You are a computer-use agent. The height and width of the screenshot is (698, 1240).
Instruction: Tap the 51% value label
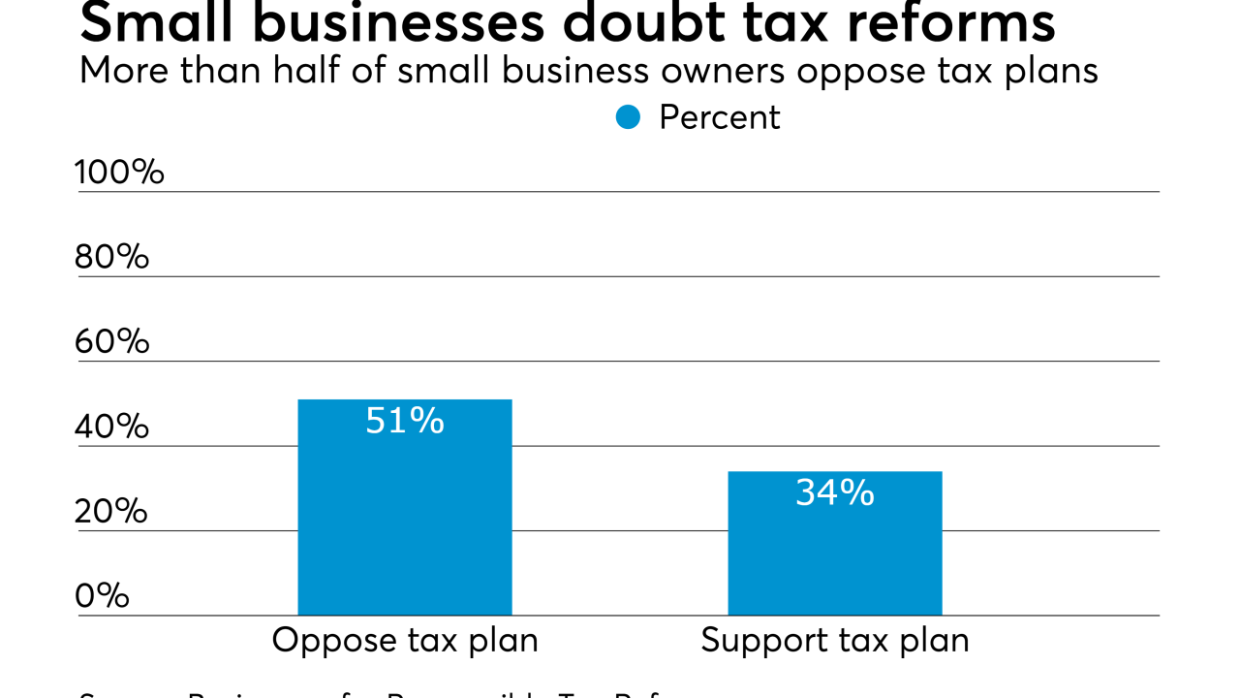pos(404,421)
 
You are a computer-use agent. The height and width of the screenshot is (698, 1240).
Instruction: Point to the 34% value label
pos(834,493)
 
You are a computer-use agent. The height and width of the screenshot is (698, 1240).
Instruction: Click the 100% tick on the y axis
pos(119,173)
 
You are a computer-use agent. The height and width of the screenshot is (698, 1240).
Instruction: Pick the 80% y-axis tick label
pos(111,257)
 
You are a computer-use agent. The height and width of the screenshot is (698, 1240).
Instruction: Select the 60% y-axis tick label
pos(111,341)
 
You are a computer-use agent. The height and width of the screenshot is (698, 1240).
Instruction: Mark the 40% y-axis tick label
pos(111,427)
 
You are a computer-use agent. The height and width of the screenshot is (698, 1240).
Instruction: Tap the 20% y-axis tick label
pos(111,511)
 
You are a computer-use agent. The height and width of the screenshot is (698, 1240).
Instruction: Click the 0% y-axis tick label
pos(102,595)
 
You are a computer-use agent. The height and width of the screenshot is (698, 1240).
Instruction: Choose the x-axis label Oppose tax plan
pos(404,641)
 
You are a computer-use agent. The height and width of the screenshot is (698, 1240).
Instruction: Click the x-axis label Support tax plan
pos(834,641)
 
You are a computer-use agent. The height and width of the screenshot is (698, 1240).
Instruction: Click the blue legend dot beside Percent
pos(629,117)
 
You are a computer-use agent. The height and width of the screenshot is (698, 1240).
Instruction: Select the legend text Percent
pos(719,117)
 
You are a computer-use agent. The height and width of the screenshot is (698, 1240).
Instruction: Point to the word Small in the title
pos(155,23)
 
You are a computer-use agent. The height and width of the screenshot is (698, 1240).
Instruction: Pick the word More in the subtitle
pos(118,70)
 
